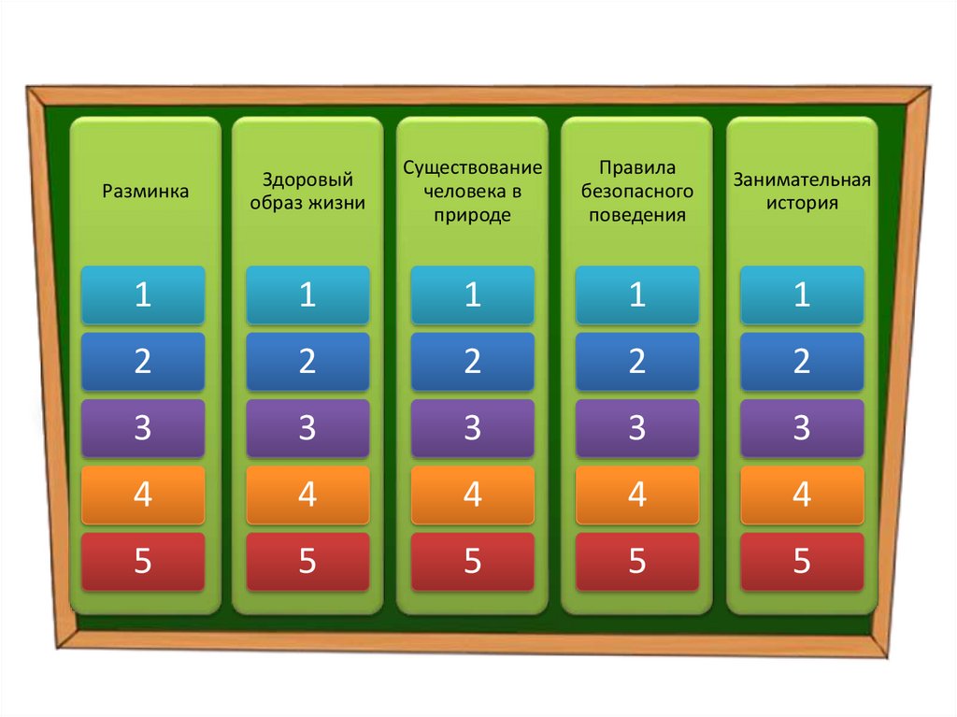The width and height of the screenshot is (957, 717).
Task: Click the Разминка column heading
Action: point(145,192)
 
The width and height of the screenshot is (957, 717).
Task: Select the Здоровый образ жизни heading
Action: point(307,192)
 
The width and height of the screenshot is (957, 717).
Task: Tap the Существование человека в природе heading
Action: point(473,192)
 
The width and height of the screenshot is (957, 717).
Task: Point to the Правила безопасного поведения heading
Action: point(636,192)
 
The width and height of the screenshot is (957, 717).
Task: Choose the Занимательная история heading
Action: point(802,192)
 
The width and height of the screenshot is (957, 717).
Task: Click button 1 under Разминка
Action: point(143,295)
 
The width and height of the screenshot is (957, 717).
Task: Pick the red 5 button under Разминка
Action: point(143,562)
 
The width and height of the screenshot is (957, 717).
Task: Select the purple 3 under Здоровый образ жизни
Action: point(307,428)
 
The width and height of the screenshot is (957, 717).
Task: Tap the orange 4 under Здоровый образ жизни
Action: point(307,495)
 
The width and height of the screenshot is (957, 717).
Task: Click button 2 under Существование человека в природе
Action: point(473,362)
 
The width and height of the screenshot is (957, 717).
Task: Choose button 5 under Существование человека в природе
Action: point(473,562)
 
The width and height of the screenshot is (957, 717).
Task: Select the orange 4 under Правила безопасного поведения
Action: point(636,495)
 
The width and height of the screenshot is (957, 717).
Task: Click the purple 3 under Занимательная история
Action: point(802,428)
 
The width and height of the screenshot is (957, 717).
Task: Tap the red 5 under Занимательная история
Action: point(802,562)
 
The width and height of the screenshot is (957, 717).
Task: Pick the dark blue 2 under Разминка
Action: point(143,362)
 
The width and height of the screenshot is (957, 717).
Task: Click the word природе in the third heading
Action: point(473,215)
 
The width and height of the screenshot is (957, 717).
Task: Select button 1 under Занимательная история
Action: point(802,295)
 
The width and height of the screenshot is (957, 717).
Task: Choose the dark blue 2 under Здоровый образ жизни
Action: point(307,362)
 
